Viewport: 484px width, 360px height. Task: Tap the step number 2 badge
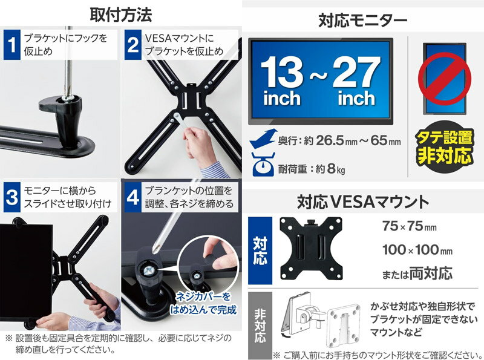coord(133,45)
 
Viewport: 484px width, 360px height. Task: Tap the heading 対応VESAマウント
coord(362,201)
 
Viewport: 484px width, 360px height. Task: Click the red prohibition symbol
coord(446,78)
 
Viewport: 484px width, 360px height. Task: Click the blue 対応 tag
coord(260,250)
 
